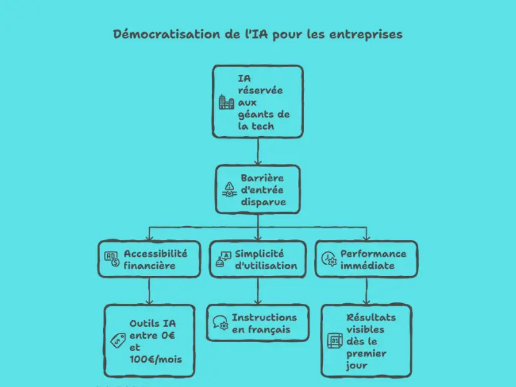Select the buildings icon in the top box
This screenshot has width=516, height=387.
226,102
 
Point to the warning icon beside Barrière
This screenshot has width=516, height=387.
229,189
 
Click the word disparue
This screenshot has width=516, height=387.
263,202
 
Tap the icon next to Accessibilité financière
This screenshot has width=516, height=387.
112,259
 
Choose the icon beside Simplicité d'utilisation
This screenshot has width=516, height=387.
223,259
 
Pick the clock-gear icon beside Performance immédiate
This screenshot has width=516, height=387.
328,259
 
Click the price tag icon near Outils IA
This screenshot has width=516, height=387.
117,341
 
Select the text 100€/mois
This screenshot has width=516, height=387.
155,359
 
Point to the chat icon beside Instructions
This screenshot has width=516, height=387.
220,323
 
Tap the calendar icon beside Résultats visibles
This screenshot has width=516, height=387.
334,341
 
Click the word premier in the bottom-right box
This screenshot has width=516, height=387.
366,353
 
